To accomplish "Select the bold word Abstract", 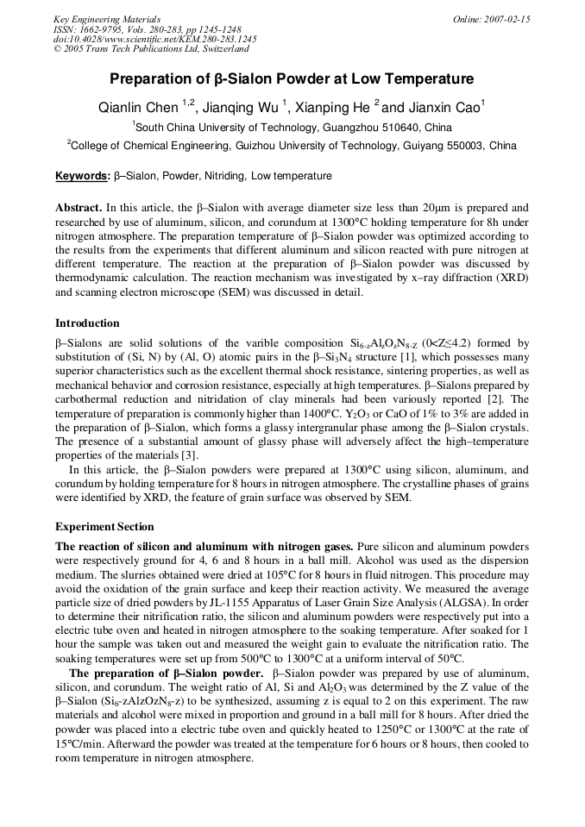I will coord(79,208).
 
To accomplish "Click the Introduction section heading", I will coord(87,323).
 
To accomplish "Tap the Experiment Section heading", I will coord(104,526).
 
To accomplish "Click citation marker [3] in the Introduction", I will coord(189,454).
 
